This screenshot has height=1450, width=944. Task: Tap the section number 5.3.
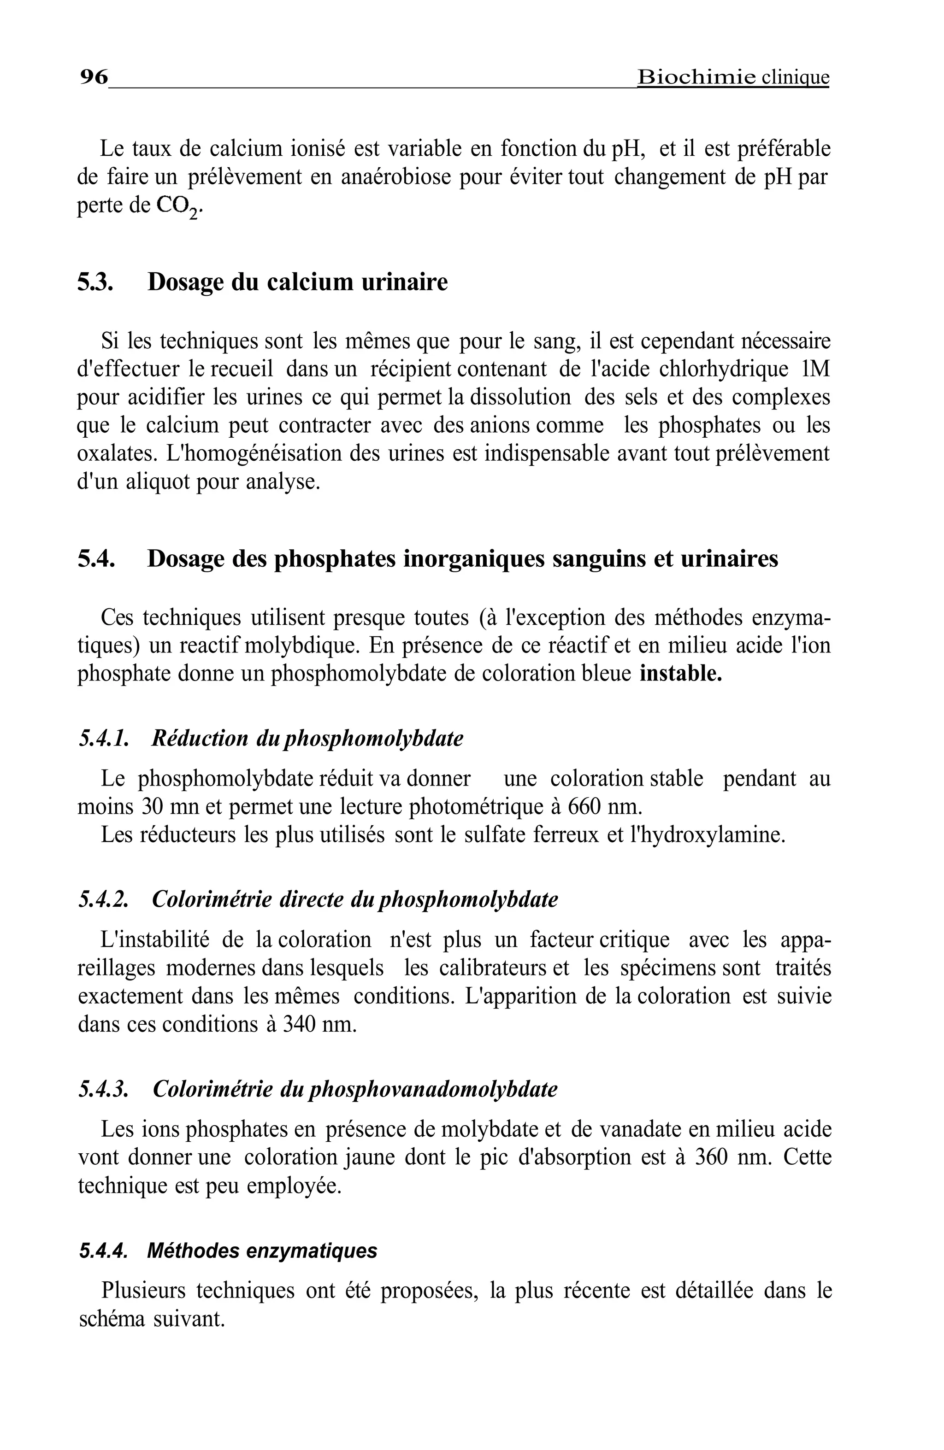tap(95, 282)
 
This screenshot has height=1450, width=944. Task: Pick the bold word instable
tap(680, 674)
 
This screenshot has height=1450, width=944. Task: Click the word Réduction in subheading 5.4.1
tap(199, 739)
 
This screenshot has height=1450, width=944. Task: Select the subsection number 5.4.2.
tap(103, 900)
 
